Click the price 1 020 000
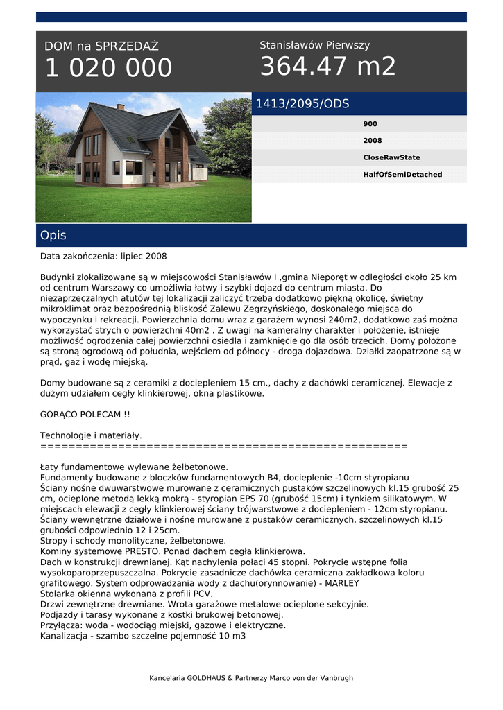(108, 68)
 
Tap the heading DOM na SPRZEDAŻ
(101, 46)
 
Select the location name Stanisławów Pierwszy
(314, 45)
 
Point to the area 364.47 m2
(327, 67)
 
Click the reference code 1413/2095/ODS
(302, 104)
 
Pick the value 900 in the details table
(370, 124)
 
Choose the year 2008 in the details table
(372, 141)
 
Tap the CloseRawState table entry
(391, 157)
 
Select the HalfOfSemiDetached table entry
(402, 175)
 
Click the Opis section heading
(53, 236)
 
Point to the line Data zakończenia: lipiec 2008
(103, 256)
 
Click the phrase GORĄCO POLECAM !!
(85, 414)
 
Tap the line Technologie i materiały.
(91, 435)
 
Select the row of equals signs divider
(223, 446)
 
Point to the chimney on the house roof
(121, 107)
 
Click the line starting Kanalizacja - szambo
(143, 636)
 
